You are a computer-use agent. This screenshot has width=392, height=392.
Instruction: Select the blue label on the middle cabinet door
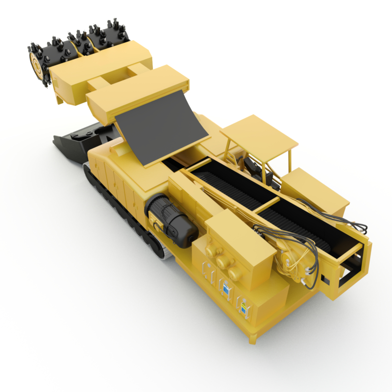tap(226, 290)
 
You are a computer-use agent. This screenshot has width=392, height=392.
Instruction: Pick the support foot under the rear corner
tap(253, 338)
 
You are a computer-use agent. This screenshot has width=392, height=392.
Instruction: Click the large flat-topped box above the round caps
tap(240, 235)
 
